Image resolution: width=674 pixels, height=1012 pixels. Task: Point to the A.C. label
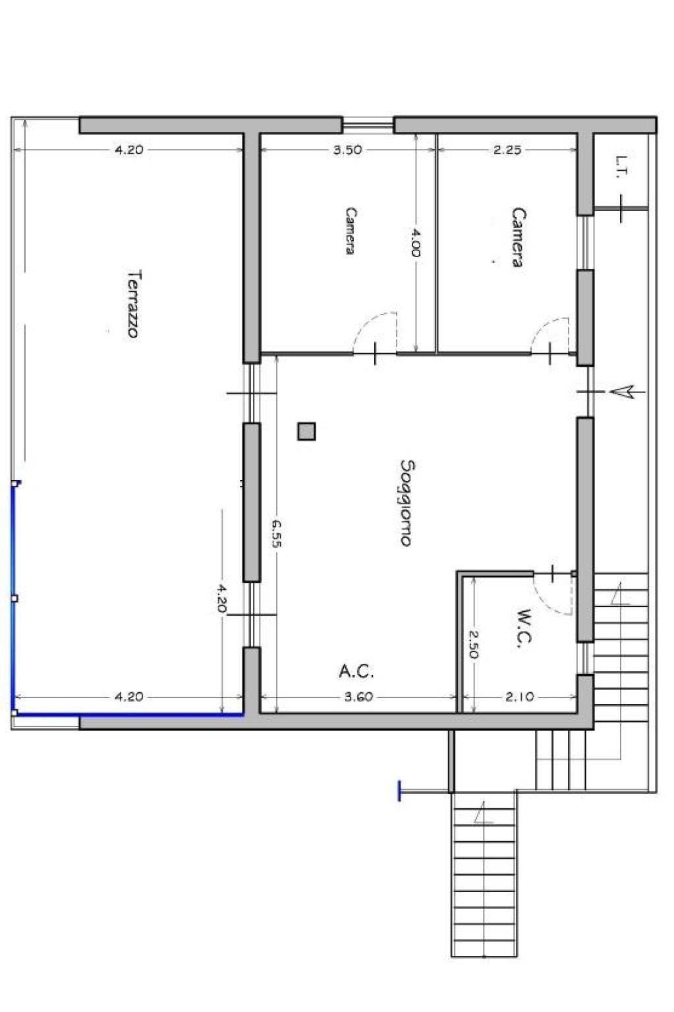(356, 671)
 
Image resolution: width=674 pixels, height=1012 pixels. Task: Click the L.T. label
(622, 167)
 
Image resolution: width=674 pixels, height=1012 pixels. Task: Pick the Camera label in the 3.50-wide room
(350, 230)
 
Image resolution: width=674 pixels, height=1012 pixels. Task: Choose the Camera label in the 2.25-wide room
(519, 237)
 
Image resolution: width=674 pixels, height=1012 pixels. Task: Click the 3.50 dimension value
(348, 150)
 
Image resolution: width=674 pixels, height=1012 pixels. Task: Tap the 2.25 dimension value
(507, 150)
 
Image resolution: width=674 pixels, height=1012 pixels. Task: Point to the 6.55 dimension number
(276, 533)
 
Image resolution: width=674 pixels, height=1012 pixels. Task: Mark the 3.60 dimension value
(359, 697)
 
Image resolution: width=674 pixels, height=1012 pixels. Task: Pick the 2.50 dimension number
(473, 644)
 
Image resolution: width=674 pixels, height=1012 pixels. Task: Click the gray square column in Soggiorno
(306, 431)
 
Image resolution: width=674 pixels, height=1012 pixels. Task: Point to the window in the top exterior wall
(368, 124)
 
